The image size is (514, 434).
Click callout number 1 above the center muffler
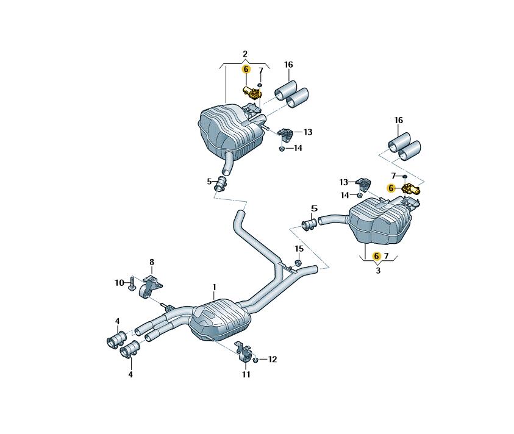(214, 288)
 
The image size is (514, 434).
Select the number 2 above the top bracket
(245, 54)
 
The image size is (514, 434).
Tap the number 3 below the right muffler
(378, 271)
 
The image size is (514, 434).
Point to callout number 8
(151, 262)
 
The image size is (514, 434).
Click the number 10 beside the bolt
(120, 283)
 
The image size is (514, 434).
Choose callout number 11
(246, 374)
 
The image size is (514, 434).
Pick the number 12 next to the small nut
(273, 359)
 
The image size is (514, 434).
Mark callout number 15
(299, 249)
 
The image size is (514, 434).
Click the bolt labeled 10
(132, 283)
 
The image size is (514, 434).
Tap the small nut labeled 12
(255, 360)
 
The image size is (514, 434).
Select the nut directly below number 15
(298, 263)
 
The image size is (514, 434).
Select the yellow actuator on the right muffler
(411, 189)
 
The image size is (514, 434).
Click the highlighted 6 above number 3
(377, 255)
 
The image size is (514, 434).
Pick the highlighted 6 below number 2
(246, 69)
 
